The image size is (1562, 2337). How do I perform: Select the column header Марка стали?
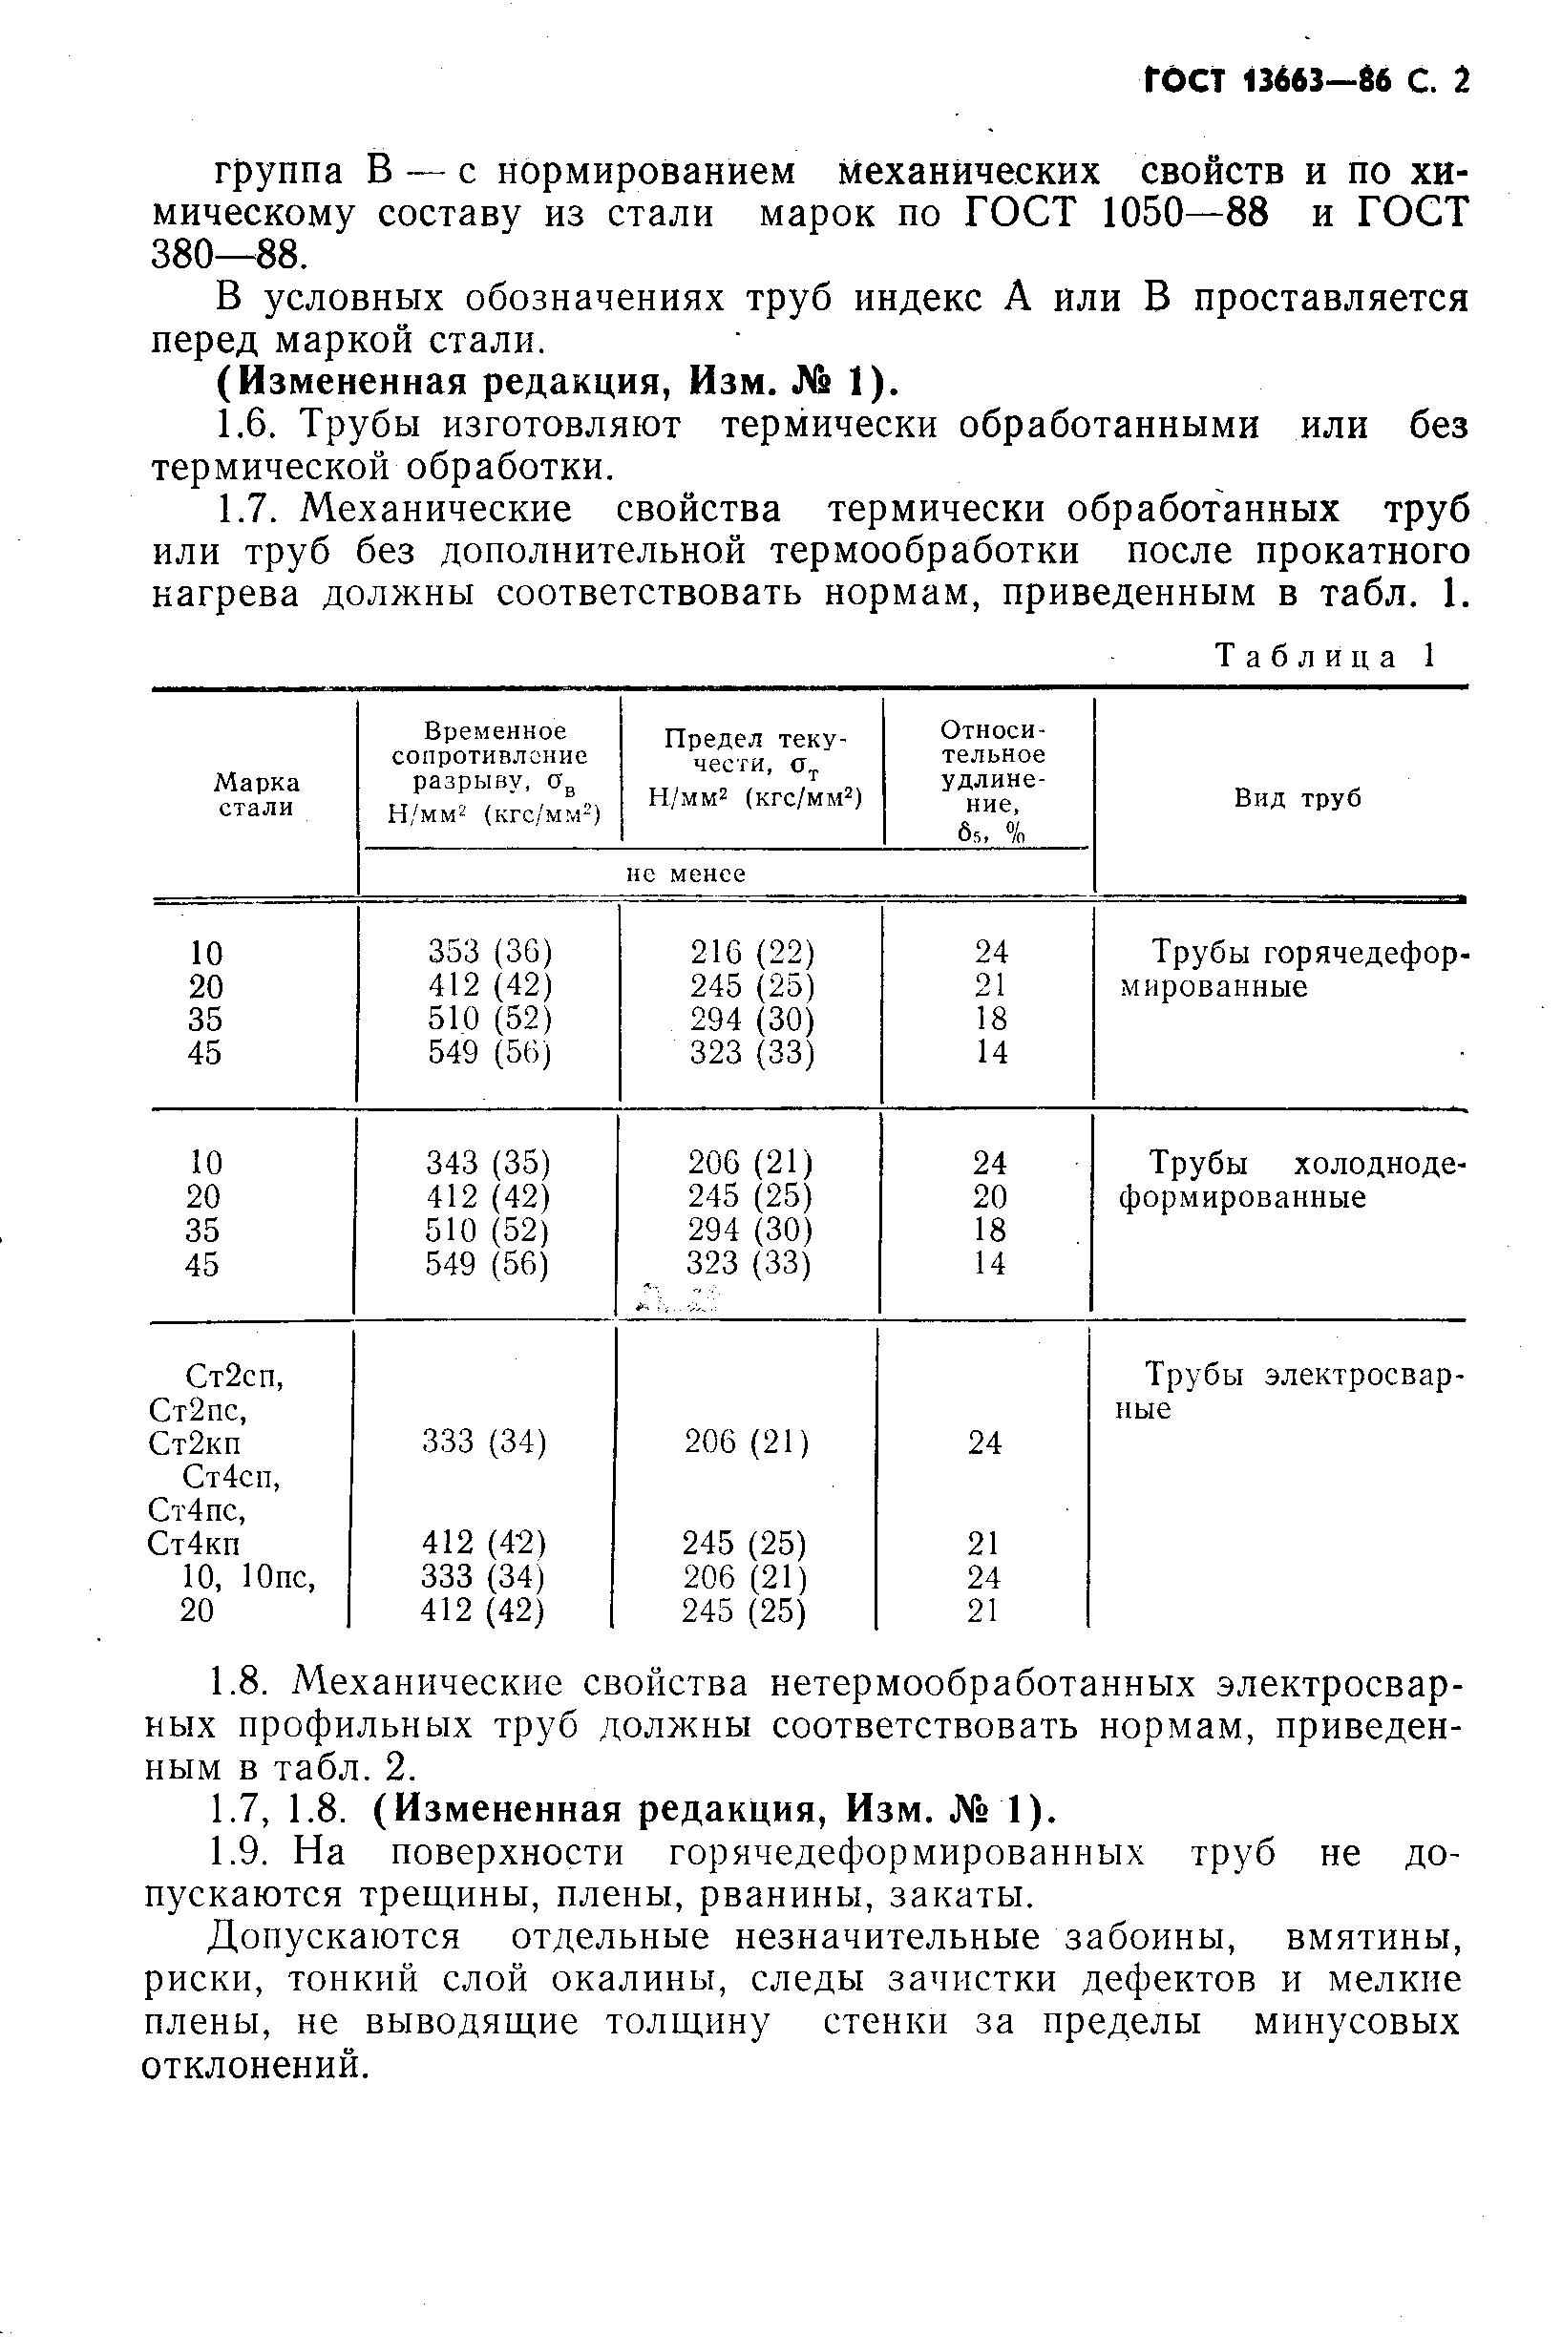pyautogui.click(x=257, y=795)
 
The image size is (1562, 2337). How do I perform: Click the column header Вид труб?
pyautogui.click(x=1297, y=798)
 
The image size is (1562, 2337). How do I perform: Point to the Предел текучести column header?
pyautogui.click(x=753, y=768)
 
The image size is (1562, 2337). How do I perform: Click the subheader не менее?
pyautogui.click(x=686, y=874)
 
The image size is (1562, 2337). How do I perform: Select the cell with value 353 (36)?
pyautogui.click(x=490, y=953)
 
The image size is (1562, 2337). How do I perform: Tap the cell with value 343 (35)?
pyautogui.click(x=488, y=1163)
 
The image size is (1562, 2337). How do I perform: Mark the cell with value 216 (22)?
pyautogui.click(x=752, y=953)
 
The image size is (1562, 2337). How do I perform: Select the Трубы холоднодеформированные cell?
pyautogui.click(x=1292, y=1179)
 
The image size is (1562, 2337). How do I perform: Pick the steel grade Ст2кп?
pyautogui.click(x=194, y=1442)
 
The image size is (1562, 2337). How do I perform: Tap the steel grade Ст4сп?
pyautogui.click(x=232, y=1476)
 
